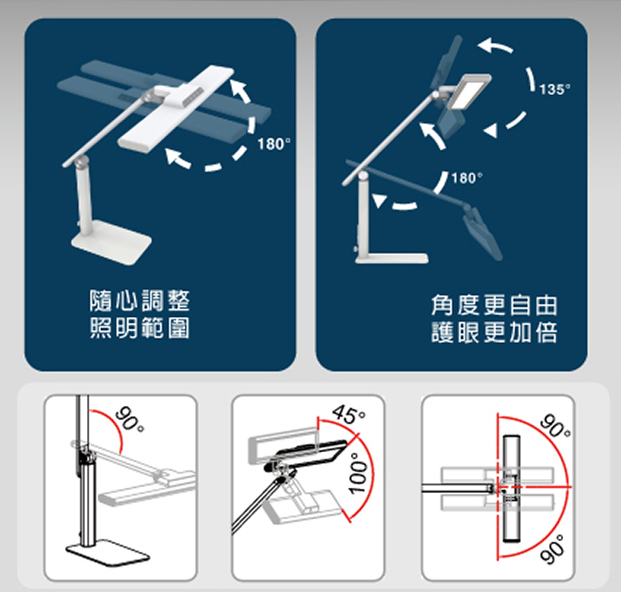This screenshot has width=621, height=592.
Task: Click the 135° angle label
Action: click(x=555, y=89)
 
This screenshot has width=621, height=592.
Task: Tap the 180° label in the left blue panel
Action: click(x=274, y=144)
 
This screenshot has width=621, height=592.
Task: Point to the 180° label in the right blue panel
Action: click(x=467, y=178)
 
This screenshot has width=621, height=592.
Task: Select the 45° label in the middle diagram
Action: click(x=348, y=414)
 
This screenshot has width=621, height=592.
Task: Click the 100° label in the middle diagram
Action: click(x=359, y=473)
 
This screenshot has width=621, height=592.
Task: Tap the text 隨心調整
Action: click(x=140, y=301)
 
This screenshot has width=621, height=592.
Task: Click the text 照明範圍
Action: click(x=140, y=328)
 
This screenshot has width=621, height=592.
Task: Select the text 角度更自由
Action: click(x=494, y=306)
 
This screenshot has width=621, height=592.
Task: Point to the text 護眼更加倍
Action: click(x=494, y=332)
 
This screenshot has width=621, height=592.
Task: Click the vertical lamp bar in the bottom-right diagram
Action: click(x=511, y=489)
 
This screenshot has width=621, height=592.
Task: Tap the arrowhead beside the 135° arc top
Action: click(x=486, y=45)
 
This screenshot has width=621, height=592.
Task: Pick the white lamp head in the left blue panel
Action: click(x=176, y=109)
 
